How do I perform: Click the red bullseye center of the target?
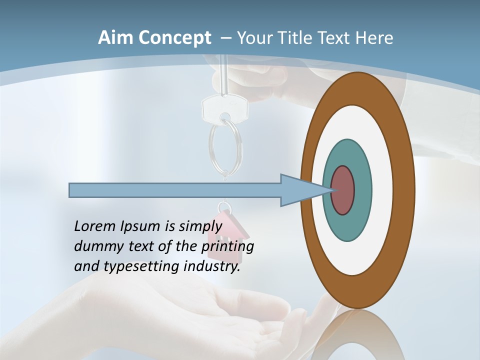[343, 190]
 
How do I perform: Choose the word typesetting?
[141, 267]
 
